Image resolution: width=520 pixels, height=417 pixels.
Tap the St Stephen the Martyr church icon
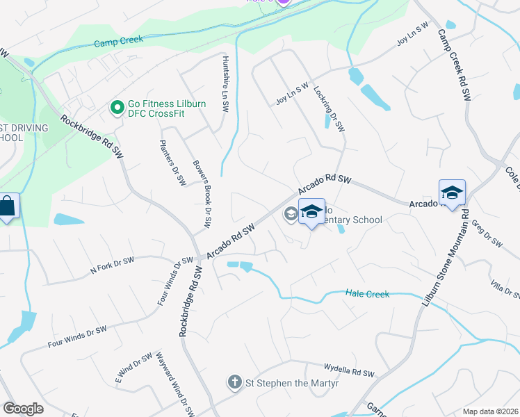(234, 382)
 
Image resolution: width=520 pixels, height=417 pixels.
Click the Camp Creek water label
(117, 43)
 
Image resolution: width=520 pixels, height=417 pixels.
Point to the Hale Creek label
(367, 294)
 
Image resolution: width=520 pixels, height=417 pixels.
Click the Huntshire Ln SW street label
(225, 84)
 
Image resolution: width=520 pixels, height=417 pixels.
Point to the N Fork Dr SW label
(111, 263)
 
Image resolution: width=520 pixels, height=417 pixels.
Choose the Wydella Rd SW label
(349, 370)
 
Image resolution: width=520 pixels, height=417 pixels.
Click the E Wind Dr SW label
(133, 368)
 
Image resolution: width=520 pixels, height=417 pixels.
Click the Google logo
(24, 408)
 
